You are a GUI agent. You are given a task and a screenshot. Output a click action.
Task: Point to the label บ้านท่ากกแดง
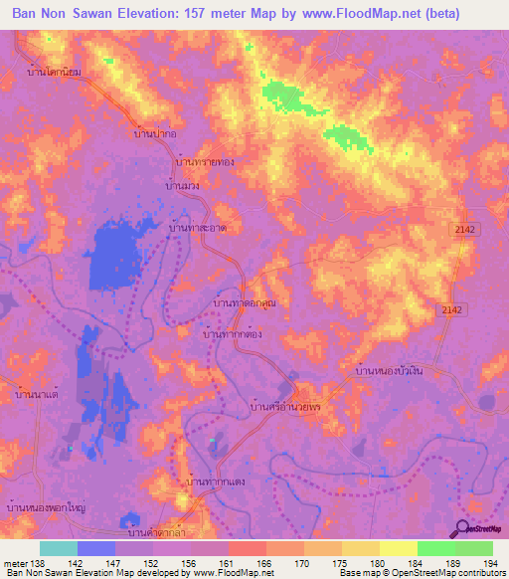click(217, 482)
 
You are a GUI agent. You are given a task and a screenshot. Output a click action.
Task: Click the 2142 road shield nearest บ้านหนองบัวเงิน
click(451, 310)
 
